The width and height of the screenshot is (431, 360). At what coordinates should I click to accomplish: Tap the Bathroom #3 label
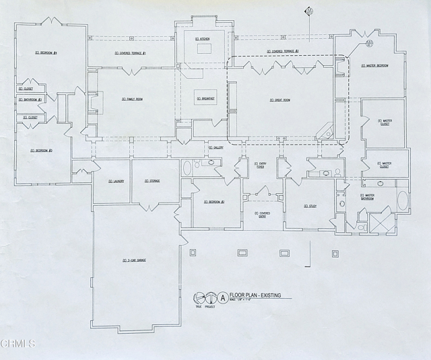30,100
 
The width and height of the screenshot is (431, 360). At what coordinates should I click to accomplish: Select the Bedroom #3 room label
41,151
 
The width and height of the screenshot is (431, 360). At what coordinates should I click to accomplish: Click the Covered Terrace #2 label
282,51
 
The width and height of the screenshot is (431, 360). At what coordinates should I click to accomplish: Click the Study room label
309,206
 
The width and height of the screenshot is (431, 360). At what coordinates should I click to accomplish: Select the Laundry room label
115,181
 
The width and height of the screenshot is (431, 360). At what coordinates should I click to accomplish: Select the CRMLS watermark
18,345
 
